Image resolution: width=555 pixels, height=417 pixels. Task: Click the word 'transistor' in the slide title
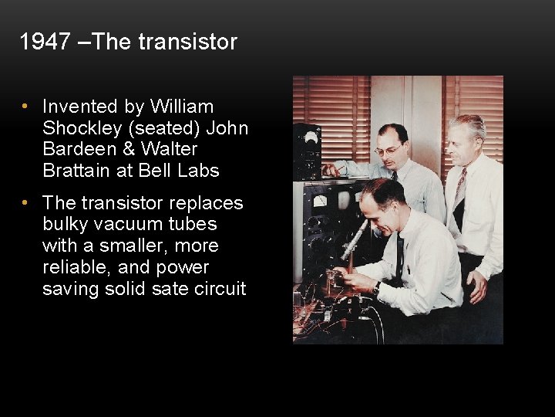coord(187,42)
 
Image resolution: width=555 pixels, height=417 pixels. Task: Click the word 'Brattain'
coord(75,170)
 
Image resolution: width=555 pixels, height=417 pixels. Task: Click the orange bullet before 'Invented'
coord(25,107)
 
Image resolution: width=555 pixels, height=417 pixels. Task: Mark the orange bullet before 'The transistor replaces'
coord(25,203)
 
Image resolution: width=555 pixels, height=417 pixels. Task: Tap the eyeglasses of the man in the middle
coord(388,149)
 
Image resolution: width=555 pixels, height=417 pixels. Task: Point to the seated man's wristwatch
coord(377,287)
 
